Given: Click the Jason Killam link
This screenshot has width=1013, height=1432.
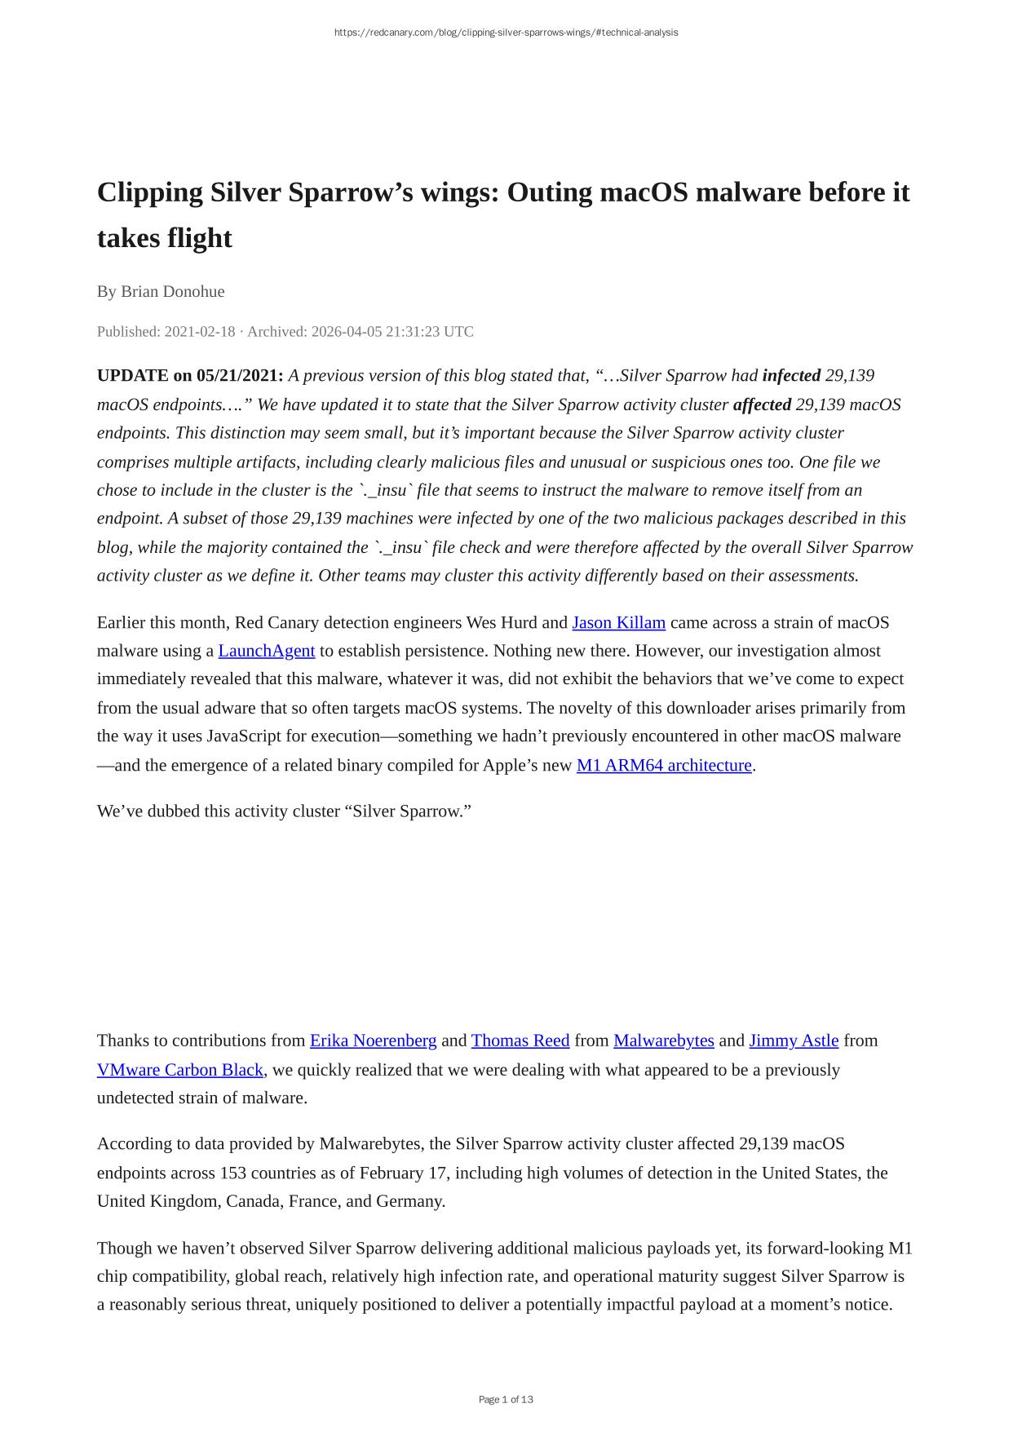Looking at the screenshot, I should tap(618, 623).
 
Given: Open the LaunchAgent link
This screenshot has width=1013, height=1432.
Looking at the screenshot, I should tap(266, 651).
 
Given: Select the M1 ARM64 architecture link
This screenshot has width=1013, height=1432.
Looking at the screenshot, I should tap(664, 765).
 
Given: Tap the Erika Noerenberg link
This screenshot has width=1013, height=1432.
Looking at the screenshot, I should tap(373, 1041).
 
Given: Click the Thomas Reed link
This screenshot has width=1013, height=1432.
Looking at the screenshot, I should tap(520, 1041).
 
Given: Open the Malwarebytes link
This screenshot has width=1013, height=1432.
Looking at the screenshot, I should tap(663, 1041).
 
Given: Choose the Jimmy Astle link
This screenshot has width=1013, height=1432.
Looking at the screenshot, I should tap(794, 1041).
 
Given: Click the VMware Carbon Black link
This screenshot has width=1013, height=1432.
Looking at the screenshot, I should tap(180, 1070).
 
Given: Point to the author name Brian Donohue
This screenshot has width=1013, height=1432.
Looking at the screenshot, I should tap(172, 291).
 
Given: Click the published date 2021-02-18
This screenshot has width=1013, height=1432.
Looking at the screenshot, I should tap(199, 332).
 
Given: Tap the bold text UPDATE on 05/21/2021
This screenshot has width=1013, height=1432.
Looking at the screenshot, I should tap(190, 376).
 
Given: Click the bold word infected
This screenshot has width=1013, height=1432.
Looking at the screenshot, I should tap(791, 376).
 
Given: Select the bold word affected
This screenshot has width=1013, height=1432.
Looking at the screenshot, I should tap(762, 404).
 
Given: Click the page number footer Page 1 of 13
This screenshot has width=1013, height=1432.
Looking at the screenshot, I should tap(506, 1399).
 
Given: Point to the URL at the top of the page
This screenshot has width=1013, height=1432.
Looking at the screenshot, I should tap(506, 33).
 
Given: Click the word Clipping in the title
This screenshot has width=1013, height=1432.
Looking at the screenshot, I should tap(149, 192).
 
